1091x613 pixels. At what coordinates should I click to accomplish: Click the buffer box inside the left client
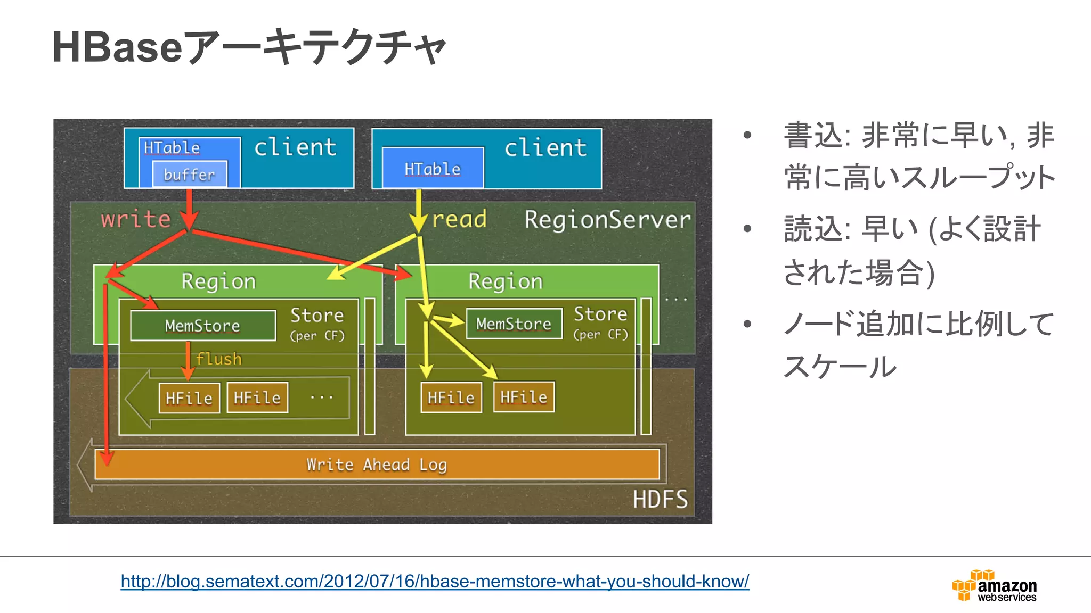(190, 174)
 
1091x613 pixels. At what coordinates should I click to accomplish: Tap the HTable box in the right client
(433, 168)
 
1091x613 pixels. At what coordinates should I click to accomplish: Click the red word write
(136, 219)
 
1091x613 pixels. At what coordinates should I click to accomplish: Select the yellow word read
(459, 219)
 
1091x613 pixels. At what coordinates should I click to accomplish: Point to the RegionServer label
(607, 219)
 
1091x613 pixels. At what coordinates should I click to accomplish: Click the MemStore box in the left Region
(203, 325)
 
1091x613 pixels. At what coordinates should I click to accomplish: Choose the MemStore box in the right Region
(514, 324)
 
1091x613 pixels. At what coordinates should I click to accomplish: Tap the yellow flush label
(218, 359)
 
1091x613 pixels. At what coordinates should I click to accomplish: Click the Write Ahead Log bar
(377, 465)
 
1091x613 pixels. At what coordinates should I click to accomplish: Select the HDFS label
(660, 499)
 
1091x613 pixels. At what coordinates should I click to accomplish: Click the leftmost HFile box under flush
(189, 398)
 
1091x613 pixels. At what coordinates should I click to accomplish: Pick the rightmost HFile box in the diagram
(524, 397)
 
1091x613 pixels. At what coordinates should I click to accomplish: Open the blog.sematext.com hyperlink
(435, 581)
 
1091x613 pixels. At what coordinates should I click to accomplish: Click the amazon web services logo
(994, 586)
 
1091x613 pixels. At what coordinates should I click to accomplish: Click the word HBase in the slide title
(118, 47)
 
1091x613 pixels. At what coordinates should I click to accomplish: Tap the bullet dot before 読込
(747, 229)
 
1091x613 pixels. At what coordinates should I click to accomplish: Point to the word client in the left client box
(295, 147)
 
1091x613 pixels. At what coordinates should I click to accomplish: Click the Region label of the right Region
(506, 281)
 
